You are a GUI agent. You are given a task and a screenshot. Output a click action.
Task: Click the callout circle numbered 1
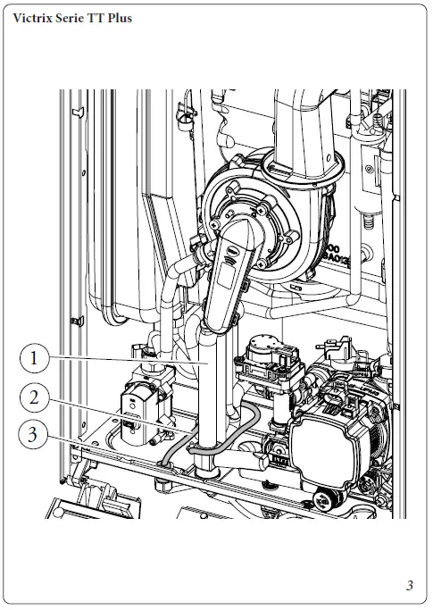click(34, 359)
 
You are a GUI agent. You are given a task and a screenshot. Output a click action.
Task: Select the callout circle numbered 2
click(34, 397)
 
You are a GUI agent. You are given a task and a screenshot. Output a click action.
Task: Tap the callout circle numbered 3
click(34, 437)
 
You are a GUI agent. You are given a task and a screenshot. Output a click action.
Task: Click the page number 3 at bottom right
click(409, 586)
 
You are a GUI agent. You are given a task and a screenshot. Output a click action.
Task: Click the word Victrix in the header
click(34, 18)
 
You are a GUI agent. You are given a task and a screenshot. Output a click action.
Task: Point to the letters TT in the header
click(93, 18)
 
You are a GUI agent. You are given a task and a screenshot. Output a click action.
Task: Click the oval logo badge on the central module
click(230, 254)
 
